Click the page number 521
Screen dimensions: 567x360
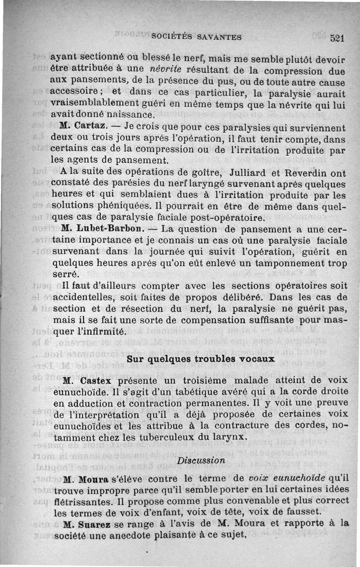[x=337, y=38]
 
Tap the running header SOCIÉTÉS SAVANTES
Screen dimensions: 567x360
[x=197, y=37]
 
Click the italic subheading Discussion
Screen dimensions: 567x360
[x=201, y=460]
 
